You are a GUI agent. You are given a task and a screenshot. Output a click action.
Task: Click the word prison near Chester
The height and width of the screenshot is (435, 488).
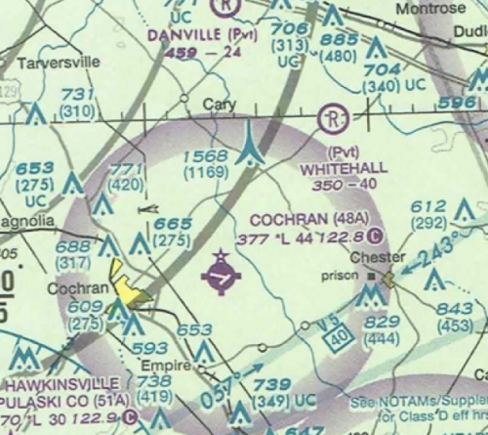(342, 277)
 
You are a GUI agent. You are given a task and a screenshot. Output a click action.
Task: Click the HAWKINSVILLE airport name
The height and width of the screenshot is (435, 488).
(64, 383)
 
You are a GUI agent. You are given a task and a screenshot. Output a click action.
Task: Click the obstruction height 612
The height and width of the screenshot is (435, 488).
(428, 206)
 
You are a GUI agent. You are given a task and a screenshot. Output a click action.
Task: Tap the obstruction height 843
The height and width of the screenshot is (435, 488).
(455, 310)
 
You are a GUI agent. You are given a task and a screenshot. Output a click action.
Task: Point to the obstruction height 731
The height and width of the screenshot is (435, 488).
(78, 94)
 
